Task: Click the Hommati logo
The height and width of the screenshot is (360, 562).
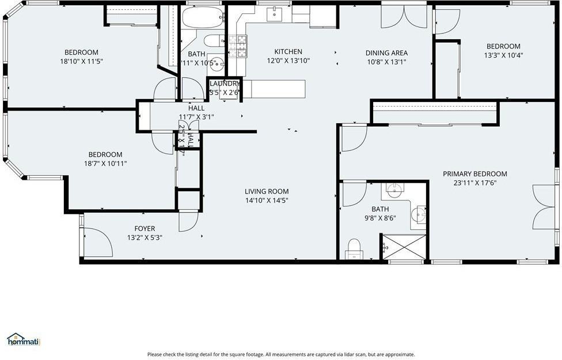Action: click(x=23, y=340)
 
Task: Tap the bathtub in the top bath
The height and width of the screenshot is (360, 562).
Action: click(x=203, y=18)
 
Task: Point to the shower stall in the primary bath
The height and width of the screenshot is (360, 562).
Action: click(x=404, y=247)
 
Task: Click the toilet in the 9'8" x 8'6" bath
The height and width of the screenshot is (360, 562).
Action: click(x=354, y=251)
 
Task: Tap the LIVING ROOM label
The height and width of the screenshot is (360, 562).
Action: click(x=267, y=192)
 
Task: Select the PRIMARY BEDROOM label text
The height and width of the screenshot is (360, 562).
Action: click(x=474, y=174)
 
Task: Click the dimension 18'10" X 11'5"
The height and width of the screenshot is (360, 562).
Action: click(x=81, y=61)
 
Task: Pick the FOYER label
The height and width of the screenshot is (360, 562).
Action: click(x=145, y=229)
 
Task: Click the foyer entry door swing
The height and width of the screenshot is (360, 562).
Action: click(x=97, y=242)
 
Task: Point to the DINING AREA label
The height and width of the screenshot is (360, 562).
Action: click(x=386, y=53)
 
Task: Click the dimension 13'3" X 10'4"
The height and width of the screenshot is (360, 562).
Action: click(x=503, y=55)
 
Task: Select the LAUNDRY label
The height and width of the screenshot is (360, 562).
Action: click(x=225, y=84)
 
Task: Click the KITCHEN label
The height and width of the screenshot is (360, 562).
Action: click(x=288, y=52)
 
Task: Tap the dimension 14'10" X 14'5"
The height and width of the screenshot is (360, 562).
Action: click(x=267, y=200)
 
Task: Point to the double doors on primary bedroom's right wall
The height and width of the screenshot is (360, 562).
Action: click(x=545, y=207)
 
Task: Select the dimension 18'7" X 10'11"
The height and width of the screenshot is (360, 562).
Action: click(x=105, y=163)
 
